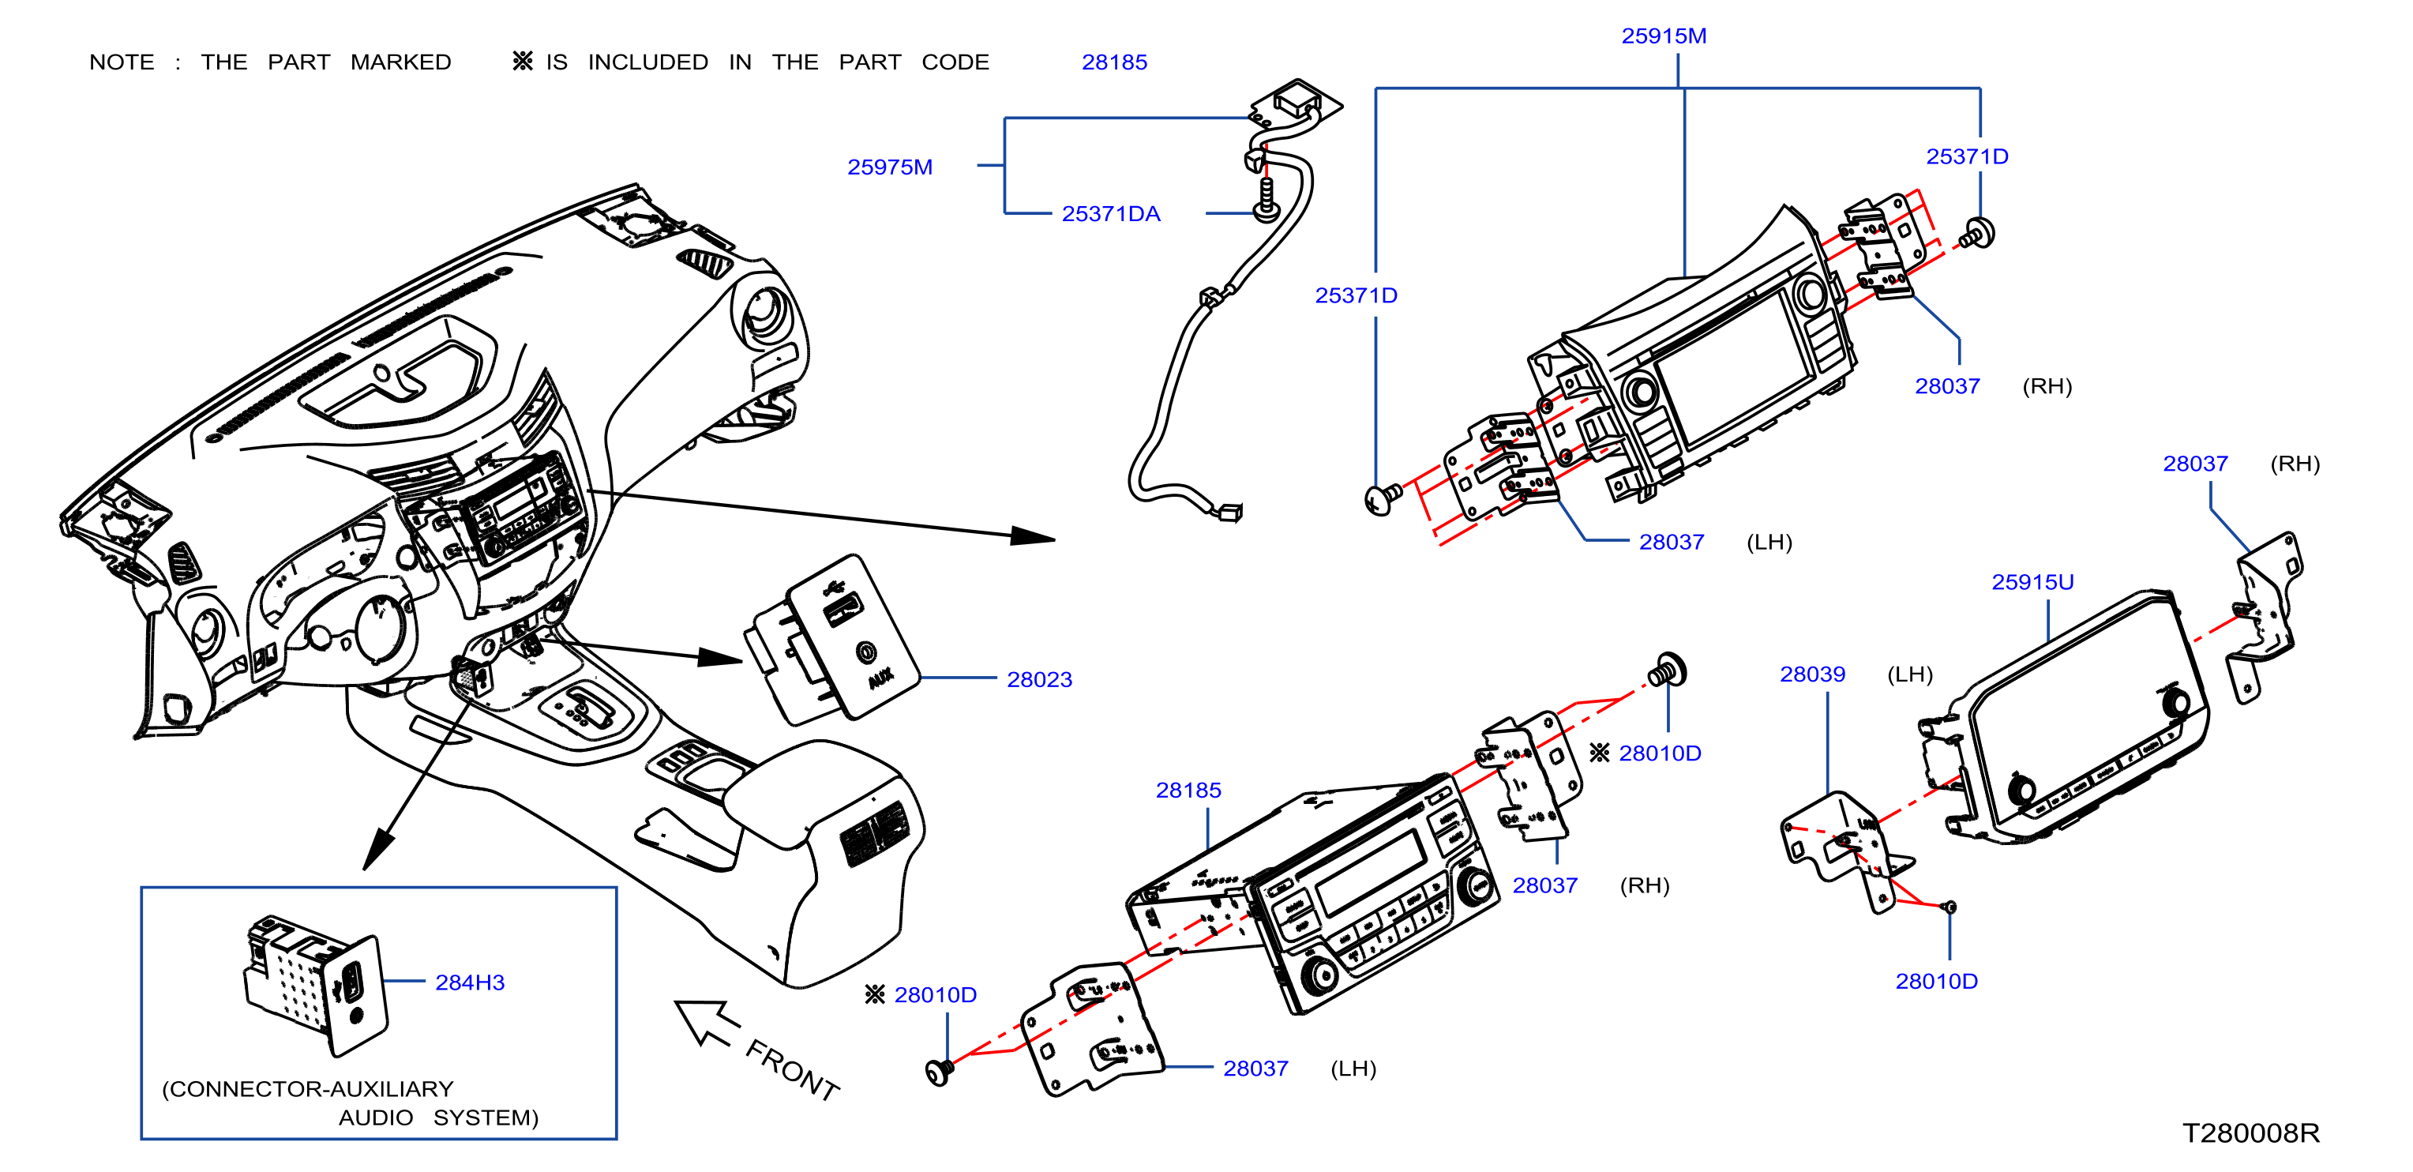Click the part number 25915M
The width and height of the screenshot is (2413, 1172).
click(1664, 36)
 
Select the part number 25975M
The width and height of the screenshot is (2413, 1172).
click(890, 167)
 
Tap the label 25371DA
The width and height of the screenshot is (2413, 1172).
click(1111, 213)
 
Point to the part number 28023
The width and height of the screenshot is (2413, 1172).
click(1040, 679)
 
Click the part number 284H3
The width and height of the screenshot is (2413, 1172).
click(471, 982)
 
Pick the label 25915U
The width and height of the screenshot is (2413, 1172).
click(2032, 582)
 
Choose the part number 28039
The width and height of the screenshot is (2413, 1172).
click(1813, 674)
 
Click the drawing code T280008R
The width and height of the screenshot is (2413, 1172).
click(2251, 1133)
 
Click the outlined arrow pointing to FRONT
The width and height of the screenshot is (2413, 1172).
click(707, 1023)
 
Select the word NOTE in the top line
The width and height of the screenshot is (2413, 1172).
click(122, 62)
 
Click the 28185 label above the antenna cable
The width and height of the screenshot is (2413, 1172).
click(1115, 62)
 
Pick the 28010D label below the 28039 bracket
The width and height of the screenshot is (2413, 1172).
click(1937, 981)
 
